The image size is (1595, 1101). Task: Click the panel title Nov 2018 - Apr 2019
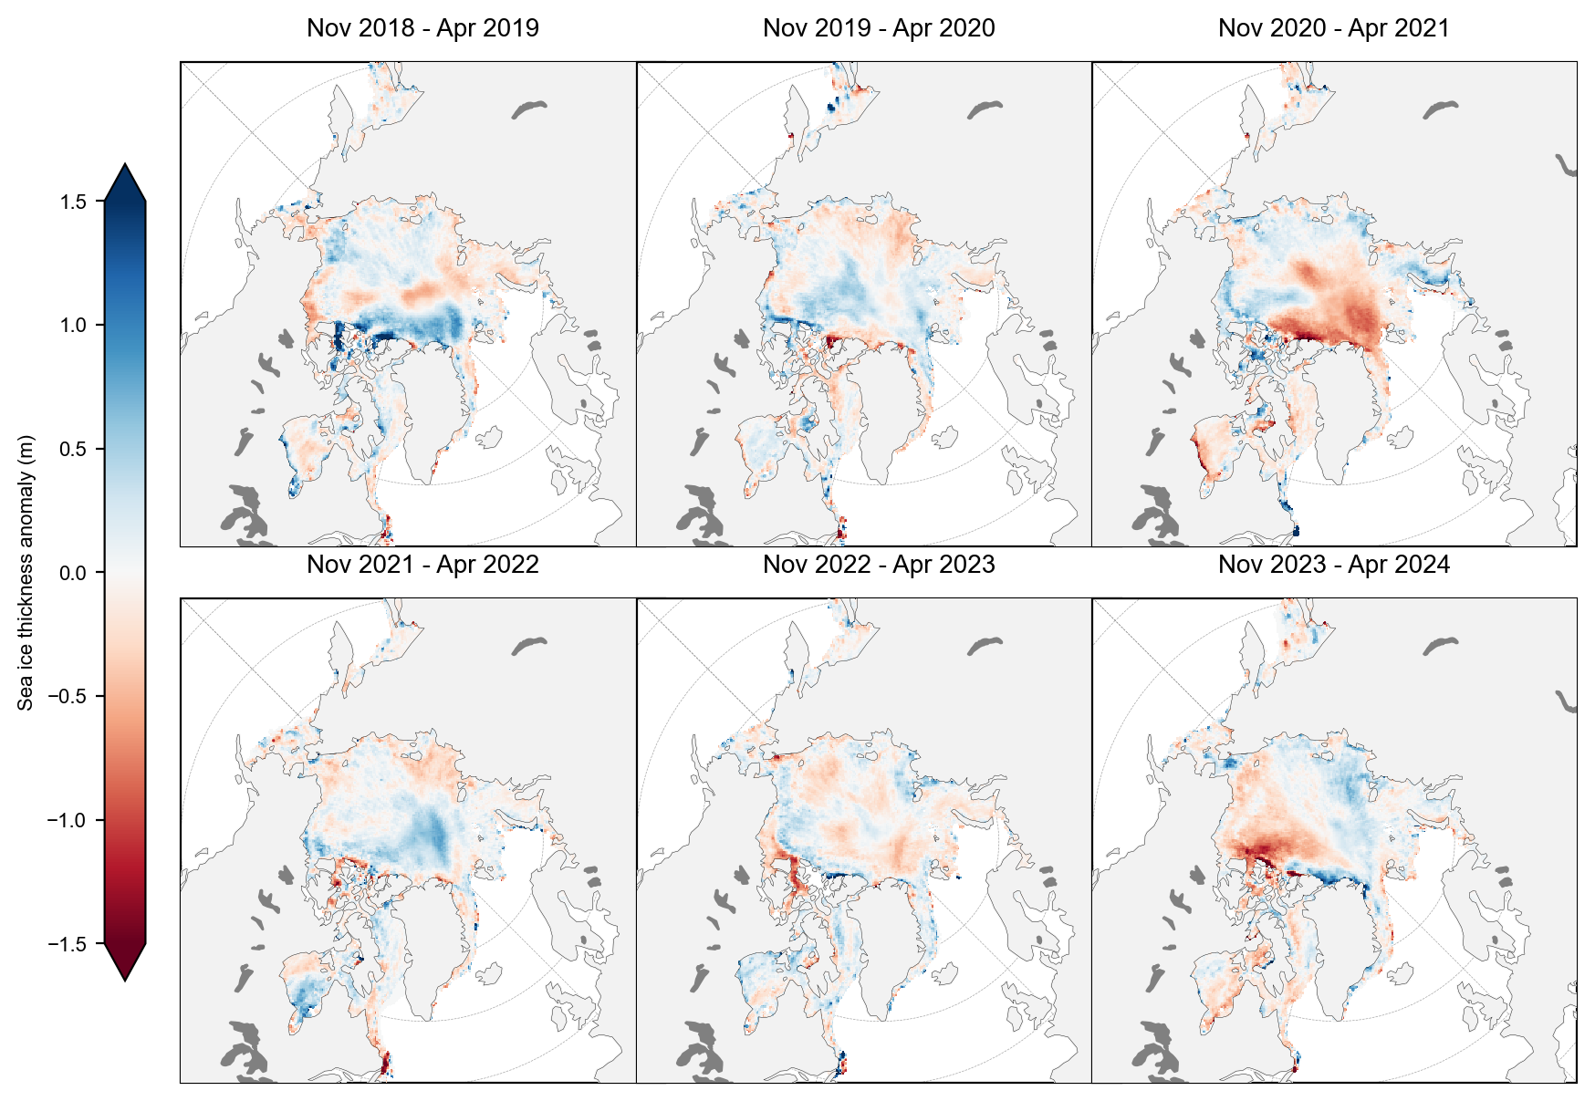pos(422,28)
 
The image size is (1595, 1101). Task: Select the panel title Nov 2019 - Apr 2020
pos(879,28)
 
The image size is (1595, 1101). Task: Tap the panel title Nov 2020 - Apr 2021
pos(1333,28)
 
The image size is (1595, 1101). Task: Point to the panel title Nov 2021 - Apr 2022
pos(422,565)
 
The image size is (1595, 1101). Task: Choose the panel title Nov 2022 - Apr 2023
pos(879,565)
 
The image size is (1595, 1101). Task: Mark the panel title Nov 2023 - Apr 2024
pos(1333,565)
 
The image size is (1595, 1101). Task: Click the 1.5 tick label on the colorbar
pos(74,202)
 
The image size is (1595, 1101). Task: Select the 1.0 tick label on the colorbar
pos(74,326)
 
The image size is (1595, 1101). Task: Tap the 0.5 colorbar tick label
pos(74,449)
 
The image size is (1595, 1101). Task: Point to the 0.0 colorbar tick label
pos(74,573)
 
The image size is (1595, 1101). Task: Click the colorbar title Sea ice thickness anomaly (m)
pos(26,573)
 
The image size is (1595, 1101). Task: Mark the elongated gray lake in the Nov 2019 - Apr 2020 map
pos(985,109)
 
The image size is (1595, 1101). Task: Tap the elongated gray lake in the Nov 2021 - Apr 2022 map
pos(528,646)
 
